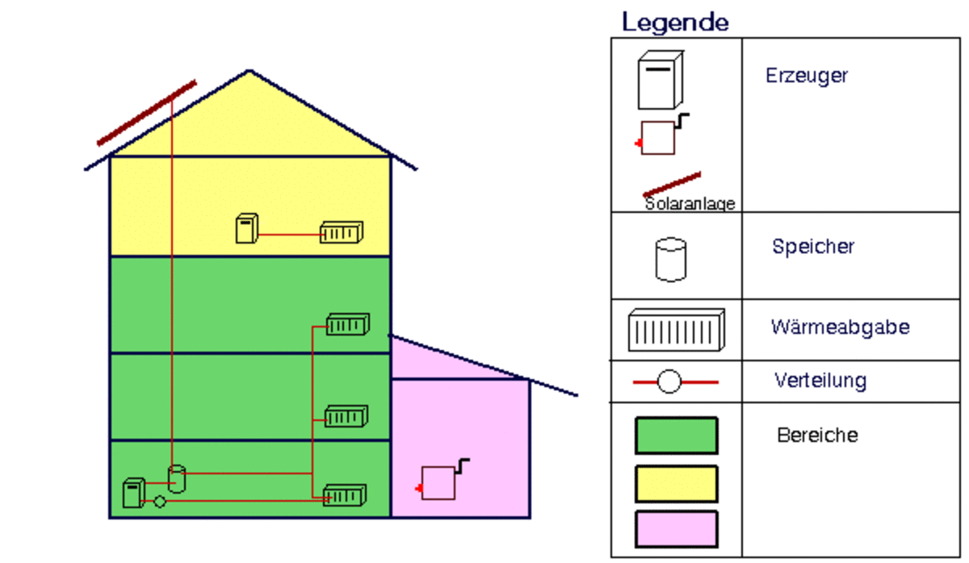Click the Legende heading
click(675, 22)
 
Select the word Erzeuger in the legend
click(806, 76)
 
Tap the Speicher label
click(812, 246)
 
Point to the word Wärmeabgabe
click(840, 327)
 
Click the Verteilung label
click(820, 379)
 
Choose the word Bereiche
click(817, 436)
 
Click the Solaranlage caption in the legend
click(690, 204)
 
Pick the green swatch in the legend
click(676, 436)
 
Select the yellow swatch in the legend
click(676, 483)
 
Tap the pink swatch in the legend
click(676, 529)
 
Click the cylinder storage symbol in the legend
click(670, 259)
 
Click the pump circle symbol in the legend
click(669, 382)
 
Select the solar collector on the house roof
click(147, 113)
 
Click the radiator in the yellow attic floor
click(341, 233)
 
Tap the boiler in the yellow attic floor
click(246, 228)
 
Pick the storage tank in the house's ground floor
click(177, 479)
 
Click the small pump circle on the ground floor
click(160, 502)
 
